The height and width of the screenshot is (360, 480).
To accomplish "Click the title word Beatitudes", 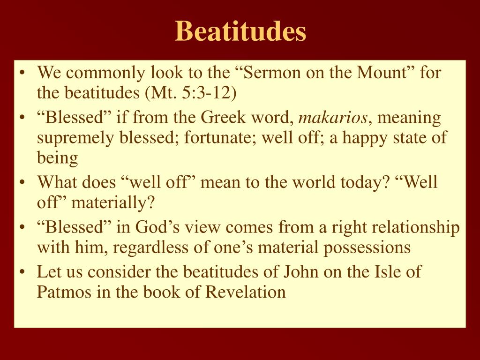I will coord(240,31).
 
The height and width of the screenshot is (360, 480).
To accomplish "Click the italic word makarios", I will coord(333,118).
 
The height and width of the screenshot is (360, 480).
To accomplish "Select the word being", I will coord(58,158).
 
